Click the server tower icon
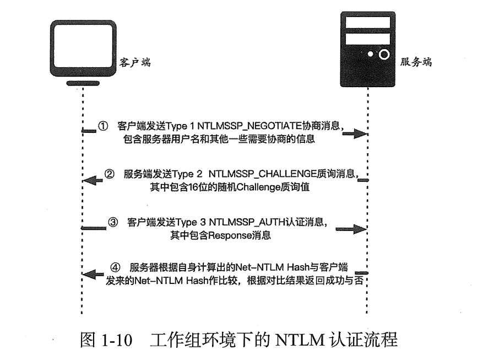tap(367, 47)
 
